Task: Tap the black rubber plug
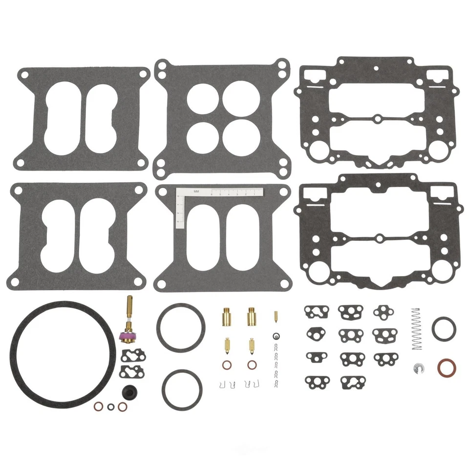tap(128, 391)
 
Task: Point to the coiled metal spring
tap(416, 329)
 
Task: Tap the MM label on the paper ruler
tap(196, 192)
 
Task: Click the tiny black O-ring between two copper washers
tap(110, 407)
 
